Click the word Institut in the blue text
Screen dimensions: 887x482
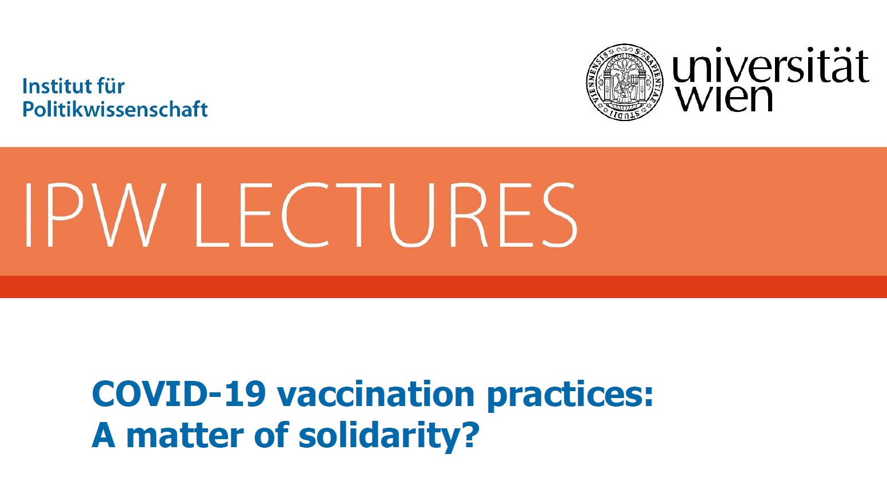(x=53, y=86)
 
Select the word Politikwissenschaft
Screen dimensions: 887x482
(x=115, y=109)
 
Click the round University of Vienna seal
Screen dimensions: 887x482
(x=625, y=82)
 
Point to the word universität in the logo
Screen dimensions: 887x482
(x=770, y=65)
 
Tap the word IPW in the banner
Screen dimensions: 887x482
(x=95, y=215)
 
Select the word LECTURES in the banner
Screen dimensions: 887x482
(x=386, y=215)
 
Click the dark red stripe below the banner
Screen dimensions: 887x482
(x=443, y=287)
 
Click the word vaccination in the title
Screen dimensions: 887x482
(x=375, y=394)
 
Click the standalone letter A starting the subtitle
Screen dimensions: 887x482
(x=103, y=435)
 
